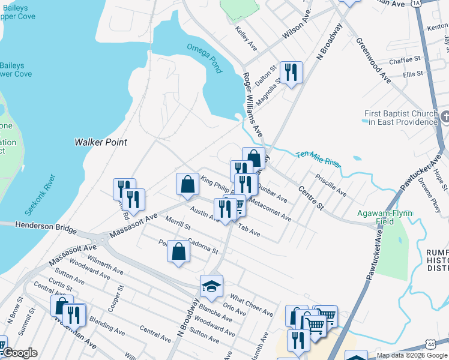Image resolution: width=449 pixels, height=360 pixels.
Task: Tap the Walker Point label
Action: (x=100, y=142)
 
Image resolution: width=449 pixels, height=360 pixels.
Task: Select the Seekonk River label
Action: (x=41, y=195)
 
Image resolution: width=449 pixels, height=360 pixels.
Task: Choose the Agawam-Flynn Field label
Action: (x=384, y=217)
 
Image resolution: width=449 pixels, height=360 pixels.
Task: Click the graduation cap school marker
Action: (x=211, y=287)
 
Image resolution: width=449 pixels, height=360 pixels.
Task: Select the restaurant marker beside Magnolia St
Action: (x=291, y=73)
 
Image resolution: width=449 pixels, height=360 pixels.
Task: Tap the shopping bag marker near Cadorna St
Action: (x=179, y=251)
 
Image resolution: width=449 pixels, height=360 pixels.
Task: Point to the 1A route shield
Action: (x=417, y=3)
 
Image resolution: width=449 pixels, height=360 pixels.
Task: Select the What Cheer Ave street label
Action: (x=252, y=305)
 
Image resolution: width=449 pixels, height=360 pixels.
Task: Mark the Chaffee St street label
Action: (x=405, y=61)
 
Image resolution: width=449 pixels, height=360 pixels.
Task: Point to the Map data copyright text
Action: (x=412, y=355)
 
